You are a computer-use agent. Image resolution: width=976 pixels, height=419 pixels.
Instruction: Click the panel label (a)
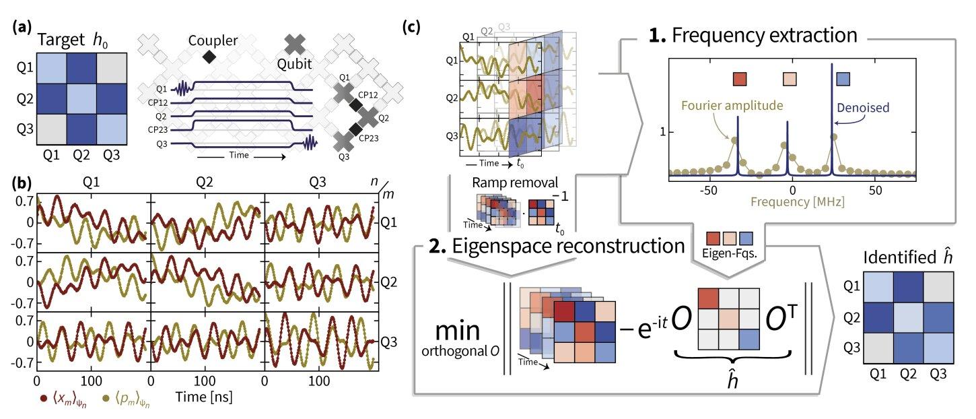(22, 28)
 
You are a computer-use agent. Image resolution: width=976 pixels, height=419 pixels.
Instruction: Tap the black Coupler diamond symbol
(209, 56)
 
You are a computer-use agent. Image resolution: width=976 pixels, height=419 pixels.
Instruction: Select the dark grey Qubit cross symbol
(295, 44)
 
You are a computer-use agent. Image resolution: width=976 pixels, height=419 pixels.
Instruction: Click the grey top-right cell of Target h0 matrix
(112, 68)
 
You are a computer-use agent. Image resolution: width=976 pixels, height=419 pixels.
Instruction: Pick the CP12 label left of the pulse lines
(158, 103)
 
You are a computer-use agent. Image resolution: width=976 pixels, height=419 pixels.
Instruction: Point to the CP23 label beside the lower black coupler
(369, 138)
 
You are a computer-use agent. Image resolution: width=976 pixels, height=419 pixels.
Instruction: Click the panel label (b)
(22, 183)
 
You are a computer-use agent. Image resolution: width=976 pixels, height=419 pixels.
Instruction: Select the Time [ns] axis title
(204, 397)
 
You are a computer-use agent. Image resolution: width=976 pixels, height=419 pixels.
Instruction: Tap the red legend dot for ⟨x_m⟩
(44, 398)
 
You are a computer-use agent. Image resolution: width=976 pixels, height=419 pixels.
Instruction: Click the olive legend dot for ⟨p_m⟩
(106, 398)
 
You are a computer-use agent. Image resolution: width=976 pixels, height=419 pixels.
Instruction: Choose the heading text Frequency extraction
(764, 35)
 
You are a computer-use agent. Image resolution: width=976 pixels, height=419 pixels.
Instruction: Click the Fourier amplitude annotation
(732, 106)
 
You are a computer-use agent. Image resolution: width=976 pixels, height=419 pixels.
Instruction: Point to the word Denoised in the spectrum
(863, 108)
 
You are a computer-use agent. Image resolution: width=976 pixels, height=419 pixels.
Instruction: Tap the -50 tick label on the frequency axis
(708, 191)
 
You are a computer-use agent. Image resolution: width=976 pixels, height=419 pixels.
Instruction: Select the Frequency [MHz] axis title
(798, 202)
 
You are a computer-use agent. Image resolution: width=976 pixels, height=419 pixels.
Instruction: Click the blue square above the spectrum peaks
(843, 79)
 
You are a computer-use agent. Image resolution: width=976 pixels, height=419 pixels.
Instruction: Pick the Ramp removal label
(515, 183)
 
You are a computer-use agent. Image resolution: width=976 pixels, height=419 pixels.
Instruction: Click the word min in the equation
(458, 331)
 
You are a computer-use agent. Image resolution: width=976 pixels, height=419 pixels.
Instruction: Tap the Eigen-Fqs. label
(729, 253)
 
